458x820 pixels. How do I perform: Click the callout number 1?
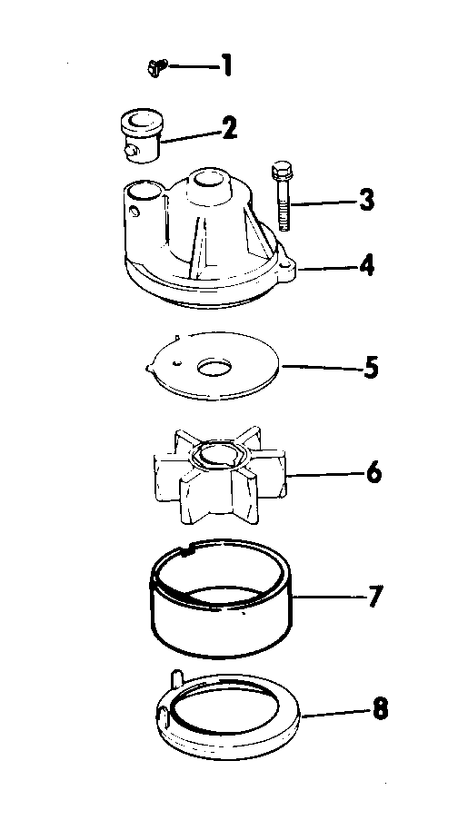225,66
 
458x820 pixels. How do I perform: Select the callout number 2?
229,128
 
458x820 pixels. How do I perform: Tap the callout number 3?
367,201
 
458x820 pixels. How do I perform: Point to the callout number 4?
366,266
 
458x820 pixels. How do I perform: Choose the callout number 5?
371,368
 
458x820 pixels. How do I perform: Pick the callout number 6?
373,473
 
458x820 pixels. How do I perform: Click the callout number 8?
381,710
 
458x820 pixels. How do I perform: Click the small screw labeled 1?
157,68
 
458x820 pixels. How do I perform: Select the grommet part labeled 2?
142,136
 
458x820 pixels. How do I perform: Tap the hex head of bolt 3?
282,171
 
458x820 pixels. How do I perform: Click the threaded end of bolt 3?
283,214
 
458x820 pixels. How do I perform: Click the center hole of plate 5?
214,368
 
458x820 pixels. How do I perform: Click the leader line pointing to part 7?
329,597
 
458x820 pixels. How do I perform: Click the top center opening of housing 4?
209,180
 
